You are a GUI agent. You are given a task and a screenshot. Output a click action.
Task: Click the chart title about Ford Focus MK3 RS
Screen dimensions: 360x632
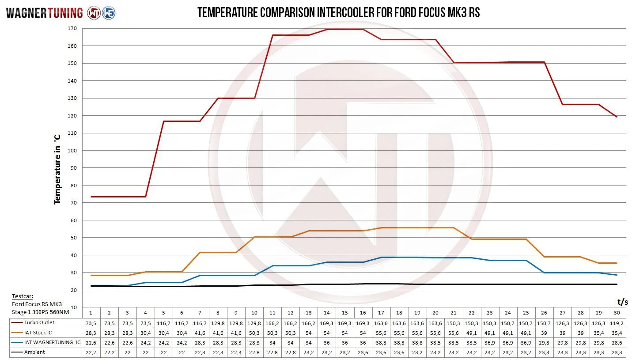[338, 12]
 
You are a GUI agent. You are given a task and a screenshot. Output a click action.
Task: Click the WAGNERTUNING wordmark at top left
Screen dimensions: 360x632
[44, 13]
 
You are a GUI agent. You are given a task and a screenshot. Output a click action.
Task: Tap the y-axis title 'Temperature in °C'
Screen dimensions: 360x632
[57, 169]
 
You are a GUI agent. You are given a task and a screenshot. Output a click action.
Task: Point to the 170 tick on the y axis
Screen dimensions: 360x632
[72, 28]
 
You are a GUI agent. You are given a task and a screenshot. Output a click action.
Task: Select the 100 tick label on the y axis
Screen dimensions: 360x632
[72, 151]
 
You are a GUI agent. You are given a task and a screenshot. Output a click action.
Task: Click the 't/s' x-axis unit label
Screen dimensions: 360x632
[622, 302]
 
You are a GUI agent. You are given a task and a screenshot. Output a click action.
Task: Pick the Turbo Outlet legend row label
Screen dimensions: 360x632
[39, 323]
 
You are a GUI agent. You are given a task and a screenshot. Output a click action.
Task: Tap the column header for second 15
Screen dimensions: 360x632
[345, 313]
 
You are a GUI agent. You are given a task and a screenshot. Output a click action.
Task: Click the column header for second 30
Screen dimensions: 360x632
[617, 313]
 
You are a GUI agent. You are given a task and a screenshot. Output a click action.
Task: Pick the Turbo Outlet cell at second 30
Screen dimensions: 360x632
[617, 323]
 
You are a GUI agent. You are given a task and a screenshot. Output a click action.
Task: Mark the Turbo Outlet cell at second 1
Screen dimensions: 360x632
[91, 323]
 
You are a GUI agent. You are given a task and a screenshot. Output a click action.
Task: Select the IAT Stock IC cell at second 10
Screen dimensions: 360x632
[254, 333]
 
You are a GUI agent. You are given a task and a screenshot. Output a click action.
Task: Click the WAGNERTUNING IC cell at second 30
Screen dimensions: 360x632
[617, 342]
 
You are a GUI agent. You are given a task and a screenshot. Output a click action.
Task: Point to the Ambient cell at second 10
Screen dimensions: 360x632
[254, 352]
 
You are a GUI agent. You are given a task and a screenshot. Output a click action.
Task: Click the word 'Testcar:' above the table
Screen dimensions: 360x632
[23, 296]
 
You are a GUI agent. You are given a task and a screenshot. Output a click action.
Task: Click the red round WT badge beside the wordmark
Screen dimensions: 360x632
[94, 13]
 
